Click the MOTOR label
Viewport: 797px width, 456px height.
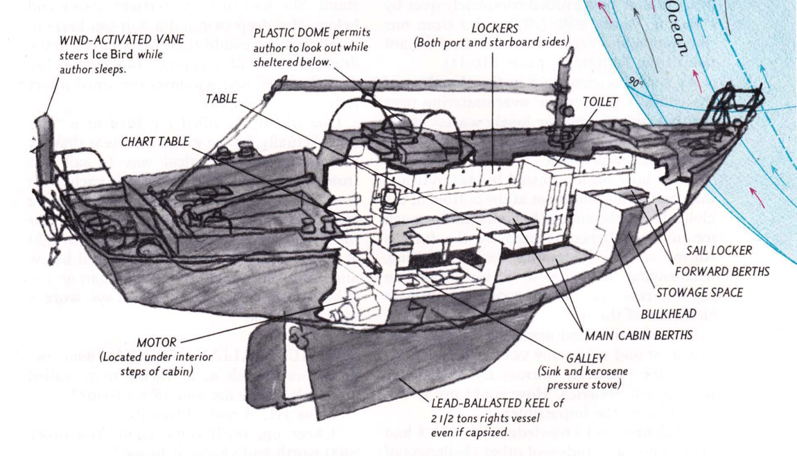tap(158, 342)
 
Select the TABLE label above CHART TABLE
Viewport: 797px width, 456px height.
tap(222, 99)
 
